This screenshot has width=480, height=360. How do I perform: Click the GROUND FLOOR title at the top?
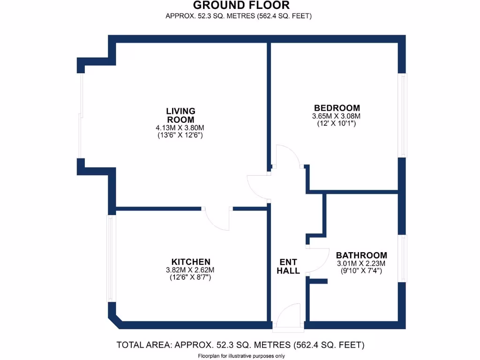[241, 6]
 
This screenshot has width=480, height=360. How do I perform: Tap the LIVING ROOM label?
[180, 115]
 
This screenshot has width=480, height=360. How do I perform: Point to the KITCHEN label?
[190, 262]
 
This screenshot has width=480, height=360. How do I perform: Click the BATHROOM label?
[361, 255]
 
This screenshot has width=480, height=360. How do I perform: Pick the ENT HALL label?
[288, 266]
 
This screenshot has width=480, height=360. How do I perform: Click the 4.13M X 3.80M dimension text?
[180, 127]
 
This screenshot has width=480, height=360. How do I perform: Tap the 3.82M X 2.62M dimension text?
[190, 270]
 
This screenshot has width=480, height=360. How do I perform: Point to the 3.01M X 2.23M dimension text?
[361, 263]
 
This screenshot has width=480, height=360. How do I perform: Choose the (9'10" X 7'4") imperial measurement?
[361, 271]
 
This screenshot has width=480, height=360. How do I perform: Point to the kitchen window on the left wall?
[110, 258]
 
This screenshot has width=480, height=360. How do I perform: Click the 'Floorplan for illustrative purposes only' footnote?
[241, 356]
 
